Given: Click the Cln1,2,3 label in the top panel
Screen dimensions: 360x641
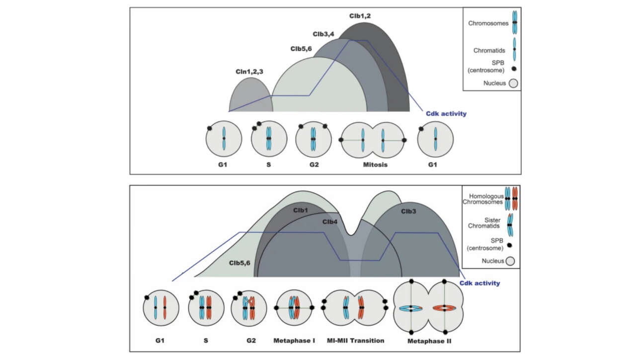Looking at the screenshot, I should (249, 72).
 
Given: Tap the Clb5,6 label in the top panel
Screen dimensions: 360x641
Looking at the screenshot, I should (302, 49).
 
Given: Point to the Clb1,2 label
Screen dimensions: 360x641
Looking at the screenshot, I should (360, 16).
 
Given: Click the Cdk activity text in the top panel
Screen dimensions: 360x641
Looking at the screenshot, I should (446, 114).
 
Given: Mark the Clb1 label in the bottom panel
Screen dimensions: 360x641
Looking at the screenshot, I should (300, 211).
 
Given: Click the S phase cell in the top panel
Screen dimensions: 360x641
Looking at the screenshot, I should (268, 138).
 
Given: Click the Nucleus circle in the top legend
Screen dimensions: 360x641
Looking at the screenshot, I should (513, 83).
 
